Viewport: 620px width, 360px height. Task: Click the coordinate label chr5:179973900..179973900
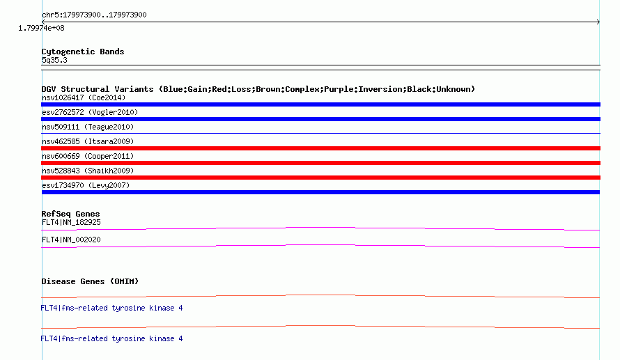(x=94, y=15)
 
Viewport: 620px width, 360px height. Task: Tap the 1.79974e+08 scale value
(x=41, y=28)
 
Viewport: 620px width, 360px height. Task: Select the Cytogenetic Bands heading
(x=83, y=52)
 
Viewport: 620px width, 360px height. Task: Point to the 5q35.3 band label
(x=54, y=60)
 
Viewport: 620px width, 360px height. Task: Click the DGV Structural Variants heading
(x=258, y=89)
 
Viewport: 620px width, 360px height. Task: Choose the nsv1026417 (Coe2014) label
(x=84, y=97)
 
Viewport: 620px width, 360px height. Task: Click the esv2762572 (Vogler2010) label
(x=90, y=112)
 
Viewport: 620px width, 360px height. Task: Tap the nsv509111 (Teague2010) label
(x=88, y=127)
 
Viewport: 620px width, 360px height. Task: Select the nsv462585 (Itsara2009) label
(x=88, y=141)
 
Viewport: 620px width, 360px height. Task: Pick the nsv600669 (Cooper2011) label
(x=88, y=156)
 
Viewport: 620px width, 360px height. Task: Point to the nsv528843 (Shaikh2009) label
(x=88, y=171)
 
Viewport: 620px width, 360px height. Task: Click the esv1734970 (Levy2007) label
(x=86, y=185)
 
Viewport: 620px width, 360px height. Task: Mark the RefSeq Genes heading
(x=70, y=214)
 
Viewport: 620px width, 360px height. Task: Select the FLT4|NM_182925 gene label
(x=71, y=223)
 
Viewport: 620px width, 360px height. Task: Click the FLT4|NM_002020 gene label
(x=71, y=240)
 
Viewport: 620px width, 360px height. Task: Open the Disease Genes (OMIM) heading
(x=90, y=281)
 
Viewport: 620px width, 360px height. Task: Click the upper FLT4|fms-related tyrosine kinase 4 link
(x=111, y=308)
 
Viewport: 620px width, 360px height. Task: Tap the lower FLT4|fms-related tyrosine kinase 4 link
(x=111, y=338)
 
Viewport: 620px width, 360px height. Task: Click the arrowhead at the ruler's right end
(x=598, y=22)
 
